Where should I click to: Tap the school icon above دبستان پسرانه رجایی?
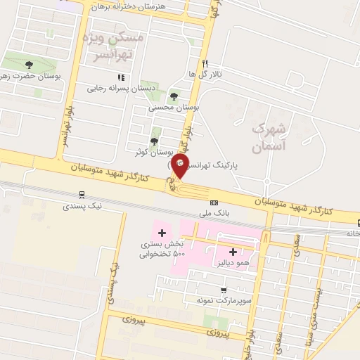click(x=121, y=77)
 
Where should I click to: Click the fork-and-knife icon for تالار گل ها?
click(x=205, y=62)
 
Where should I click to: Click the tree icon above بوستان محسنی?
click(x=174, y=96)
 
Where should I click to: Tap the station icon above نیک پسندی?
click(x=82, y=195)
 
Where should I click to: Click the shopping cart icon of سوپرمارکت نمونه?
click(x=224, y=290)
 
